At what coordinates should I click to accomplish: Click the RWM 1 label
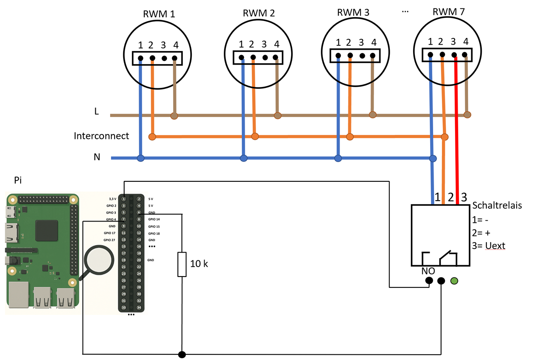click(159, 14)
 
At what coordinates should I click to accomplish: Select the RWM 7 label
click(448, 12)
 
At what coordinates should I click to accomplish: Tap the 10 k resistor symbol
click(182, 264)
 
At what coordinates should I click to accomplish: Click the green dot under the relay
click(454, 280)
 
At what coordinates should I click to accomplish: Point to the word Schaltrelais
click(497, 205)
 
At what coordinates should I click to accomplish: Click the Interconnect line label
click(101, 136)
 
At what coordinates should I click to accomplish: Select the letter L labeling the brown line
click(97, 112)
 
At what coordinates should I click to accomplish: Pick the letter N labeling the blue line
click(97, 157)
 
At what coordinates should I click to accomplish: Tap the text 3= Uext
click(489, 246)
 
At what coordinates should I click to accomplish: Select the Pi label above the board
click(18, 180)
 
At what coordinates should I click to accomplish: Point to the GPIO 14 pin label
click(154, 219)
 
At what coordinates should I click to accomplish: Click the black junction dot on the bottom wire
click(182, 354)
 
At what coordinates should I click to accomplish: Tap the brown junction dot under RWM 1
click(174, 116)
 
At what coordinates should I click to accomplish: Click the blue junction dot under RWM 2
click(243, 157)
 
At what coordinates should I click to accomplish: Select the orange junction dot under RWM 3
click(349, 137)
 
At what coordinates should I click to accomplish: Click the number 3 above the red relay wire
click(464, 195)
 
